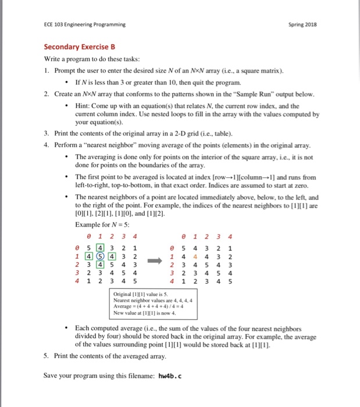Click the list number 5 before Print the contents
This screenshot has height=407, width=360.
(46, 356)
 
